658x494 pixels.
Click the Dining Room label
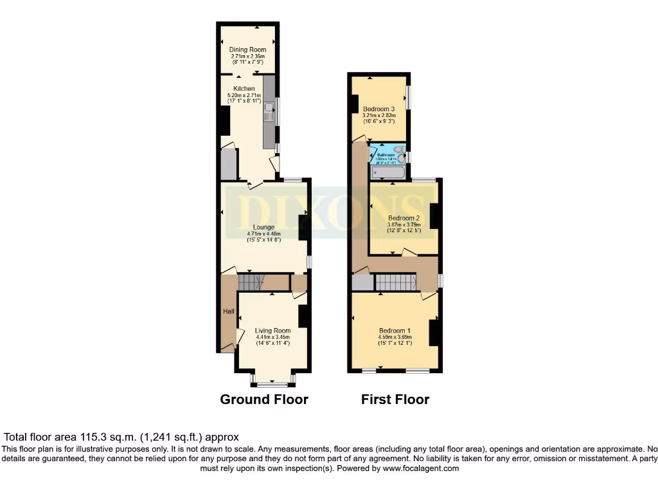click(x=247, y=50)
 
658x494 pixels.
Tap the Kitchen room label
click(x=244, y=89)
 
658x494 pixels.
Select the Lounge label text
click(x=263, y=227)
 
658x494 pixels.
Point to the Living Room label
click(x=272, y=331)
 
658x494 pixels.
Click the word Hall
click(x=228, y=312)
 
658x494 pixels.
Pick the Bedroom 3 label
click(x=378, y=109)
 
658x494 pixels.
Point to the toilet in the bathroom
click(x=401, y=154)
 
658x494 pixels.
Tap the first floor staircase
click(x=396, y=282)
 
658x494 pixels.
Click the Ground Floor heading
click(x=264, y=399)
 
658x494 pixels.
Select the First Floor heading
click(x=395, y=399)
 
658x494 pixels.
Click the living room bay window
click(x=272, y=384)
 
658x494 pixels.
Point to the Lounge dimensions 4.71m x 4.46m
click(x=263, y=235)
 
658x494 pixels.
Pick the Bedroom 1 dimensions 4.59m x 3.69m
click(x=395, y=337)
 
